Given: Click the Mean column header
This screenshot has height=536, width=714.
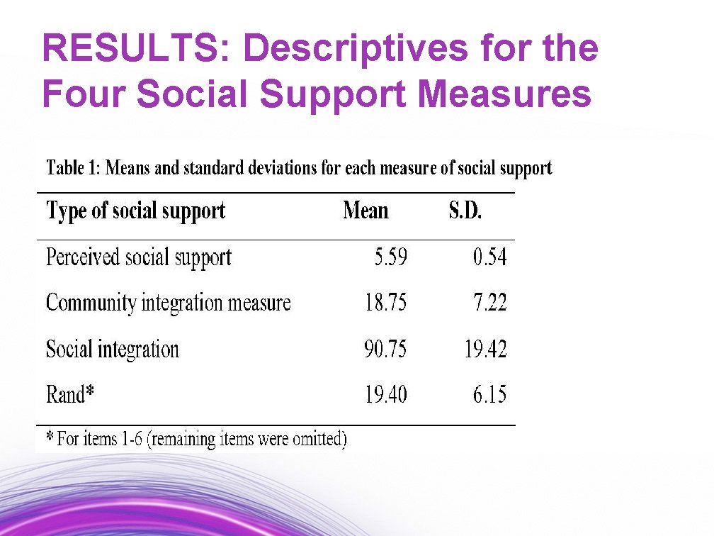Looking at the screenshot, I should [365, 211].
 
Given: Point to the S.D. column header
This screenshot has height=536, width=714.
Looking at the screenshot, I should [465, 211].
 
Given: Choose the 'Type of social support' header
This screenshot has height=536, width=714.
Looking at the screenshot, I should [135, 211].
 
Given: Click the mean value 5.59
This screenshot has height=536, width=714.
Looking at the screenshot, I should [391, 257].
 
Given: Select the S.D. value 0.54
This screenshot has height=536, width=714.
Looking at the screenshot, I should [490, 257].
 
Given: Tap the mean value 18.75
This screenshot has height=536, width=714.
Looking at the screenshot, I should [386, 303].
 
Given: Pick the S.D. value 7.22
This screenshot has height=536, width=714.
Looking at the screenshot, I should [490, 303].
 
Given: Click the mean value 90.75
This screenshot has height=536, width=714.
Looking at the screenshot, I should [386, 349].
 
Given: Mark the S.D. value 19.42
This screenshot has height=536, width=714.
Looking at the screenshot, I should [486, 349].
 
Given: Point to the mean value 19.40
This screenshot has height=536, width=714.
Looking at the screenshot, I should [386, 394].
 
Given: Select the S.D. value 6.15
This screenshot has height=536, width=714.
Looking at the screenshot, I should [490, 394].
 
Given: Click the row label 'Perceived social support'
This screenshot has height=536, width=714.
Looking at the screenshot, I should [139, 257].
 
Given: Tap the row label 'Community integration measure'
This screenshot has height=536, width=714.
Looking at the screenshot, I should [169, 303].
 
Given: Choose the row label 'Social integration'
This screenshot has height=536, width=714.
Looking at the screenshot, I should [113, 349].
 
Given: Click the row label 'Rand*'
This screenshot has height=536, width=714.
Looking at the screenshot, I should [70, 394].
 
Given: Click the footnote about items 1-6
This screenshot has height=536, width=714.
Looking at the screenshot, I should [196, 439].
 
